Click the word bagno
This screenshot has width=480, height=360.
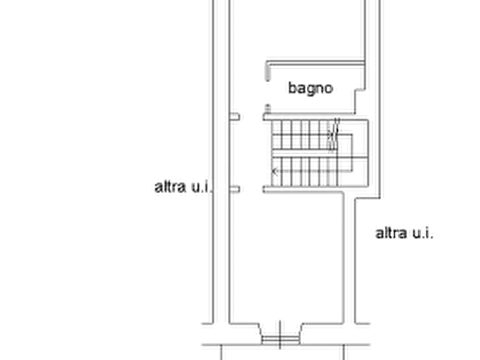310,89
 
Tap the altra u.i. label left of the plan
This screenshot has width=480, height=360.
183,187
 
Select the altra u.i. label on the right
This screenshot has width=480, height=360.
404,233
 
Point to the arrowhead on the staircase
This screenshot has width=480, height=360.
275,171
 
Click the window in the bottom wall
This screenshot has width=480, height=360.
280,339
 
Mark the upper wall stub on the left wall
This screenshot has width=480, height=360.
235,116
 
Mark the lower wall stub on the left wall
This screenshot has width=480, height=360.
235,190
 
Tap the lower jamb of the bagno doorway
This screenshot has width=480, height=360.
268,109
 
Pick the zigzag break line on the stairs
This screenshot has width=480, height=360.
334,135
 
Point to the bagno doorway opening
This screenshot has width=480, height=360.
268,93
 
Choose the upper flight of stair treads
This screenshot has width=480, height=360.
305,135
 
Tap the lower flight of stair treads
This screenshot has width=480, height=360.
305,171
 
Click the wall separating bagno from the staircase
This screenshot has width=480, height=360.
309,116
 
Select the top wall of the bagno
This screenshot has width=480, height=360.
316,63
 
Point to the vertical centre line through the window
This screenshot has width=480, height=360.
280,335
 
